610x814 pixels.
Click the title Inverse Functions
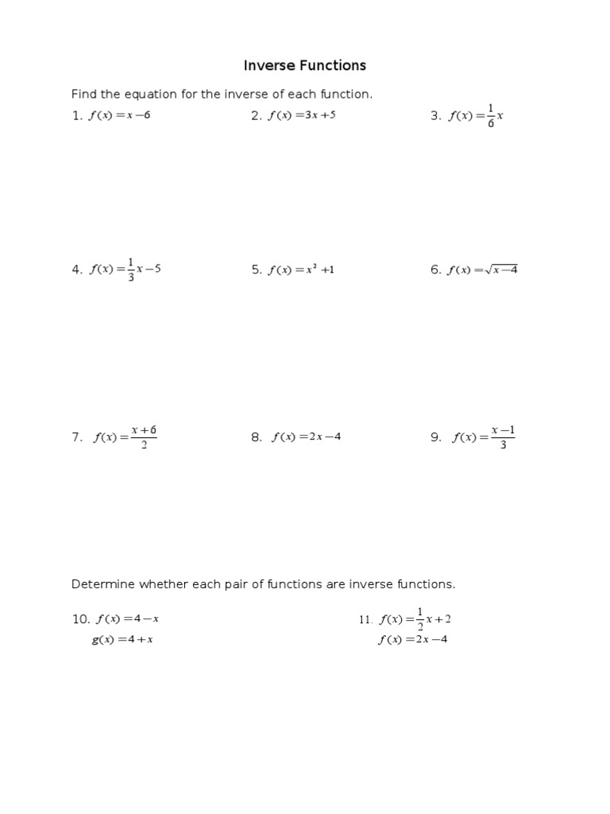305,65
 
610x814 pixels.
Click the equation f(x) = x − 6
119,115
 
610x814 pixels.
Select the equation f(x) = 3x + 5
302,115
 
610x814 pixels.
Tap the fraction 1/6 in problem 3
491,116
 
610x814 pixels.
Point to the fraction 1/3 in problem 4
131,269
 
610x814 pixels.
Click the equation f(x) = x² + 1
301,269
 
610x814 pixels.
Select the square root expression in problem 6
500,269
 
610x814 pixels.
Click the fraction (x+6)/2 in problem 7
145,437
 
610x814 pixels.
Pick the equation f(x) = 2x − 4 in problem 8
307,436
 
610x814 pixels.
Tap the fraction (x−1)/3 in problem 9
504,437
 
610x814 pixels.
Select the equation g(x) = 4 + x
122,640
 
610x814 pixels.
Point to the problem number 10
81,619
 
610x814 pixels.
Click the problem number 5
257,269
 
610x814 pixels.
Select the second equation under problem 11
412,640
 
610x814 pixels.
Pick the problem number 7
77,437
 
